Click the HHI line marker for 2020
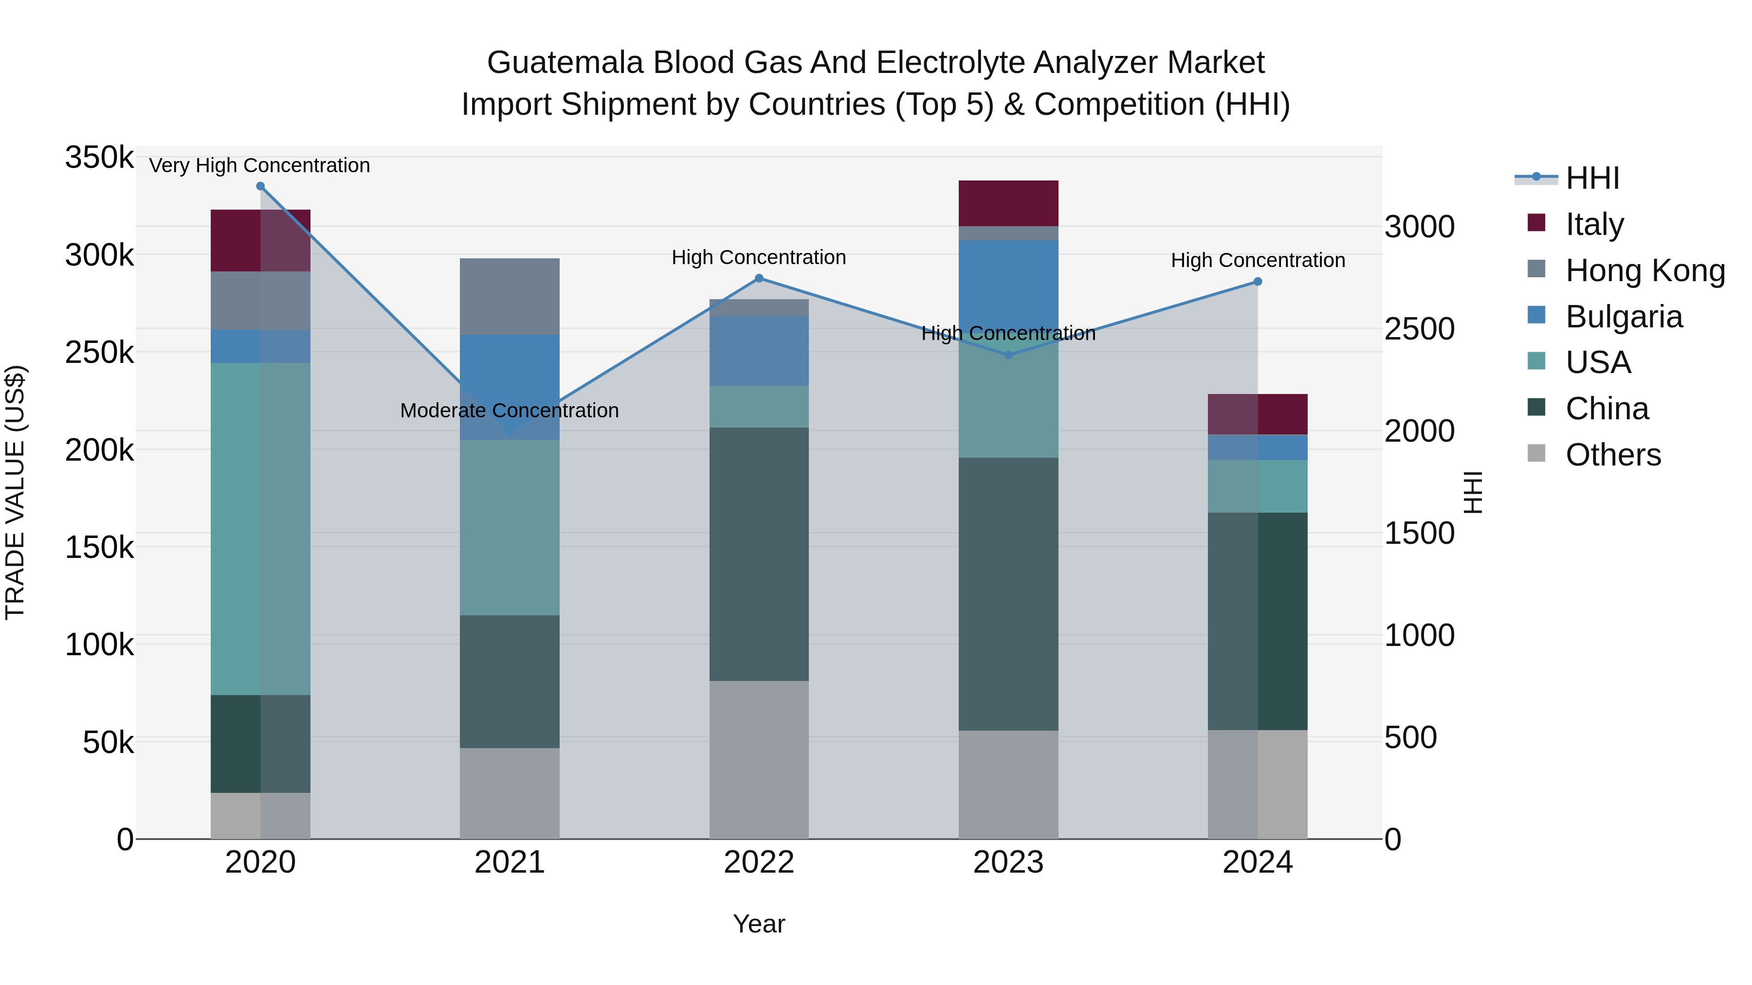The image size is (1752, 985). click(x=260, y=186)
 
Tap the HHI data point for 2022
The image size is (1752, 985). click(x=759, y=278)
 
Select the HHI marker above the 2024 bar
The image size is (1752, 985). click(x=1258, y=282)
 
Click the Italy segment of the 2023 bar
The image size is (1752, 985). click(x=1009, y=203)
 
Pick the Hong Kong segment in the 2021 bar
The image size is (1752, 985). click(x=510, y=296)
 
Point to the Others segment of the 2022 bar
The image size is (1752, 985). click(x=759, y=759)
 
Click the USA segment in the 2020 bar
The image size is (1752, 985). click(x=260, y=528)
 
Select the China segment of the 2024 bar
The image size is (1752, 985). click(x=1258, y=621)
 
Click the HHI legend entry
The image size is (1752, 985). click(x=1591, y=178)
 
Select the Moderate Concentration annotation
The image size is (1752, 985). click(x=510, y=411)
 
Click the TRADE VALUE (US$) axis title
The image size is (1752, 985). click(x=15, y=492)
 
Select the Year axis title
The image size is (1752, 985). click(x=759, y=924)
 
